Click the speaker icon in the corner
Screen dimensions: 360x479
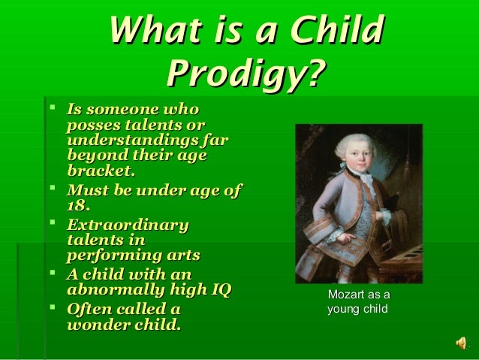click(460, 343)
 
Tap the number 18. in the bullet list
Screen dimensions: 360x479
click(78, 205)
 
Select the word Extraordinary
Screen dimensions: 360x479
click(127, 225)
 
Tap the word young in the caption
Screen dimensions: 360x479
click(342, 309)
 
